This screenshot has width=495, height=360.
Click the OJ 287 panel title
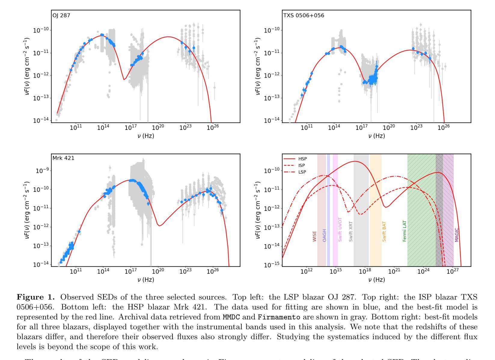click(61, 15)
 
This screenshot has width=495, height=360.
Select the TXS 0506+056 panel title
click(304, 15)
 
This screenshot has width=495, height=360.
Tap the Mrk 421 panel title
click(63, 158)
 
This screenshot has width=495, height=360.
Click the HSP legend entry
click(302, 159)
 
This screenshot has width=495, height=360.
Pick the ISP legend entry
click(301, 165)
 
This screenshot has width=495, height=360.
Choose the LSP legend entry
click(302, 172)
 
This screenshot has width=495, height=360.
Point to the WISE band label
click(314, 236)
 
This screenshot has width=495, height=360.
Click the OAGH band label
click(324, 235)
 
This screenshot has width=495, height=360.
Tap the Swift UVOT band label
click(340, 229)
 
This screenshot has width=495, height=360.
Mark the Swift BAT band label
click(384, 232)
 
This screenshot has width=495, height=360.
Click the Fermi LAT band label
click(405, 231)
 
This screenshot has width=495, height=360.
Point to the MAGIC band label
click(457, 235)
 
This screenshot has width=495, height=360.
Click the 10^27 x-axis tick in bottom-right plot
click(452, 272)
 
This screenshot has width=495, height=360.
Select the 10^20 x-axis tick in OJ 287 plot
click(158, 128)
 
